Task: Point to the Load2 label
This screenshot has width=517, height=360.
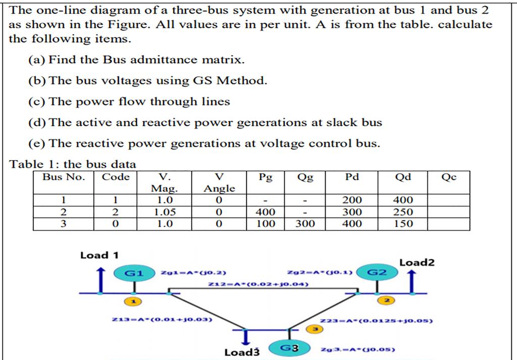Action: [x=417, y=263]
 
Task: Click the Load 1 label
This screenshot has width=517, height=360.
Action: [x=99, y=255]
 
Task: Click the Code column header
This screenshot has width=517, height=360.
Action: [x=116, y=177]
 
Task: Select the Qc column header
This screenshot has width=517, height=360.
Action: [x=448, y=177]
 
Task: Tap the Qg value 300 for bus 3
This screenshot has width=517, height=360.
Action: [x=305, y=224]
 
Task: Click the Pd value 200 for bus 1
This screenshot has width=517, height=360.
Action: [x=352, y=200]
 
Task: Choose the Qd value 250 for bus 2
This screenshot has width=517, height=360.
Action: [x=403, y=212]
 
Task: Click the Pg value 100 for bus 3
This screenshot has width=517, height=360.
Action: [x=266, y=224]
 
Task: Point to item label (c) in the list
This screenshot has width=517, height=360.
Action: [x=37, y=101]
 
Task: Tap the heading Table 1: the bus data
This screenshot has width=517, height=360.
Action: [x=73, y=164]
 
